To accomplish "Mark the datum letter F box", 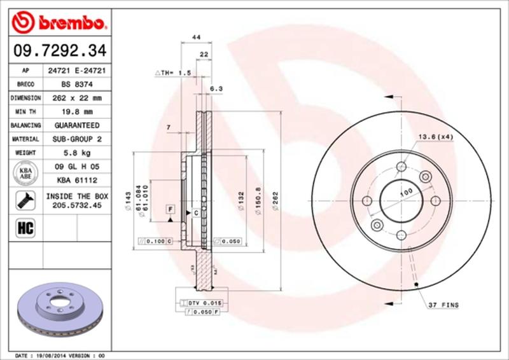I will (171, 209).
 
